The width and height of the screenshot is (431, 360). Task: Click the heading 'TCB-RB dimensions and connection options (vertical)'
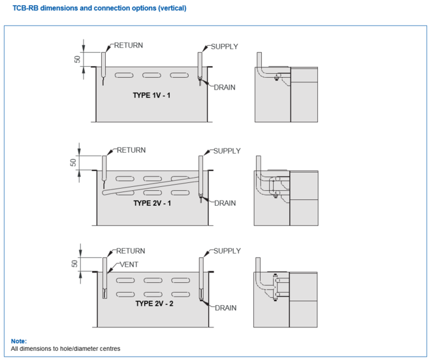(99, 8)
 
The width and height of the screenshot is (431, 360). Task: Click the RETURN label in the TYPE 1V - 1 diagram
(128, 46)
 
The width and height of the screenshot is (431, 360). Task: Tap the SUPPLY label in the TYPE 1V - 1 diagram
(224, 46)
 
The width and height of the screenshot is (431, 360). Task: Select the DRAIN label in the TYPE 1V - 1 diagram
(224, 87)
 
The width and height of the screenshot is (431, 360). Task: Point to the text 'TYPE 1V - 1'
(152, 95)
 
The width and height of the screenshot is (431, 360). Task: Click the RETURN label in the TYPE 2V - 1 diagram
(131, 150)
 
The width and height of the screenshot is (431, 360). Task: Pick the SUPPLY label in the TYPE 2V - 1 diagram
(227, 151)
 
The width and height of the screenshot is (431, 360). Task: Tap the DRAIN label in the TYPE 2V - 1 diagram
(225, 203)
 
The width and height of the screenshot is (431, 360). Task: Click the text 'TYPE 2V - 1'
(152, 203)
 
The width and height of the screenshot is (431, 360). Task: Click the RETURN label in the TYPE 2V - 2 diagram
(130, 251)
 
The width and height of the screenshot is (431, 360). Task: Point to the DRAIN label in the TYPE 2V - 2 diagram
(225, 307)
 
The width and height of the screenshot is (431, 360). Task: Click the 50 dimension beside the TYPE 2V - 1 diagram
(74, 162)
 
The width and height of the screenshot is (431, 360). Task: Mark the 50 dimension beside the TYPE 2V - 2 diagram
(74, 264)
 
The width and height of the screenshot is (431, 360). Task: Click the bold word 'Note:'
(18, 341)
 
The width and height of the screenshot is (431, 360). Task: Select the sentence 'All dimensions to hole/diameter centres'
(65, 349)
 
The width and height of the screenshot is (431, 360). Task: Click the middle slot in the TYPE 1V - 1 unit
(152, 76)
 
